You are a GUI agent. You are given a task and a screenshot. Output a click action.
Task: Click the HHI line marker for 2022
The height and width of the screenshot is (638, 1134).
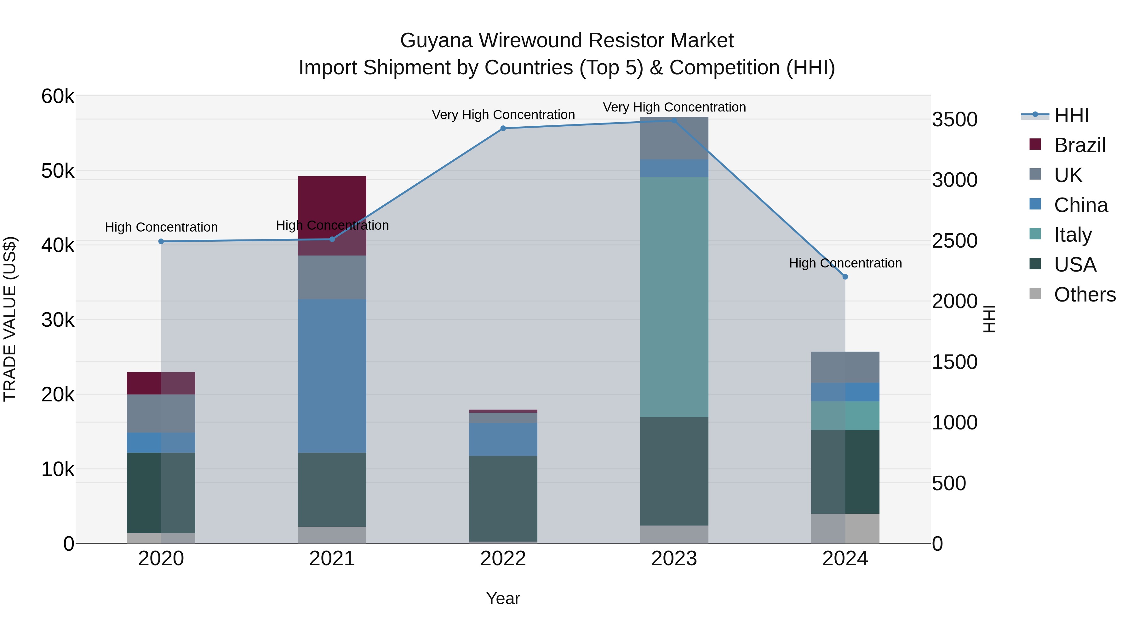point(503,129)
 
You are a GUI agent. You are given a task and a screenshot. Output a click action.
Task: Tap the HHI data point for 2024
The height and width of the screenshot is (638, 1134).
point(845,277)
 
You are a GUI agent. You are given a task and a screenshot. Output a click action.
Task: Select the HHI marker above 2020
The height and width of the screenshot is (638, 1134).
point(161,241)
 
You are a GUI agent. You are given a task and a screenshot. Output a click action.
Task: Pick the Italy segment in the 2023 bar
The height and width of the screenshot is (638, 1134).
point(674,297)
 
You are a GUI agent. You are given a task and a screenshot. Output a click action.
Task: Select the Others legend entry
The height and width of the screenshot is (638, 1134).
point(1084,295)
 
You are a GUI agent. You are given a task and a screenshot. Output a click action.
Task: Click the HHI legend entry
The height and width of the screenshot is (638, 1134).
point(1071,115)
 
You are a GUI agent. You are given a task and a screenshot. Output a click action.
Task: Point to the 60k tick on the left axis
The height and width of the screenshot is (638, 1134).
point(58,96)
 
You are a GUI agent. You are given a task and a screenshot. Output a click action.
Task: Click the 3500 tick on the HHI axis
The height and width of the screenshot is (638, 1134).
point(954,120)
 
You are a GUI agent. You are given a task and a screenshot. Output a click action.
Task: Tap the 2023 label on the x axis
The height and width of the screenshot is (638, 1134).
point(674,559)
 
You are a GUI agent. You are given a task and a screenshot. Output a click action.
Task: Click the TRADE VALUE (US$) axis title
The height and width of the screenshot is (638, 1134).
point(10,319)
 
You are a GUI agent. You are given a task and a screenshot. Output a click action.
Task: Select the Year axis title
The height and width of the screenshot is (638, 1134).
point(503,598)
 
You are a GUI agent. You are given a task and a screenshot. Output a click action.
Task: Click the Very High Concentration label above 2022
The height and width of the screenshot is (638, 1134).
point(503,115)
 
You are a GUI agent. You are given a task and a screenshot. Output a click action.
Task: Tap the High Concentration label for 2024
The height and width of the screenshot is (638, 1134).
point(845,263)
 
